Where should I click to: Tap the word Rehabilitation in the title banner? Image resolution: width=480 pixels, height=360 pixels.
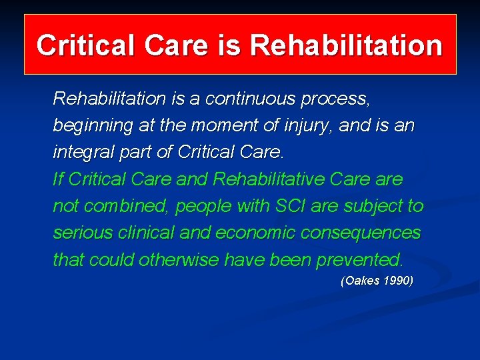(x=346, y=45)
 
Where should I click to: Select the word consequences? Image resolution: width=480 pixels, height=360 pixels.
(x=364, y=233)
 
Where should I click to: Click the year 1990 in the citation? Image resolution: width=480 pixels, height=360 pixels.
(x=397, y=281)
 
